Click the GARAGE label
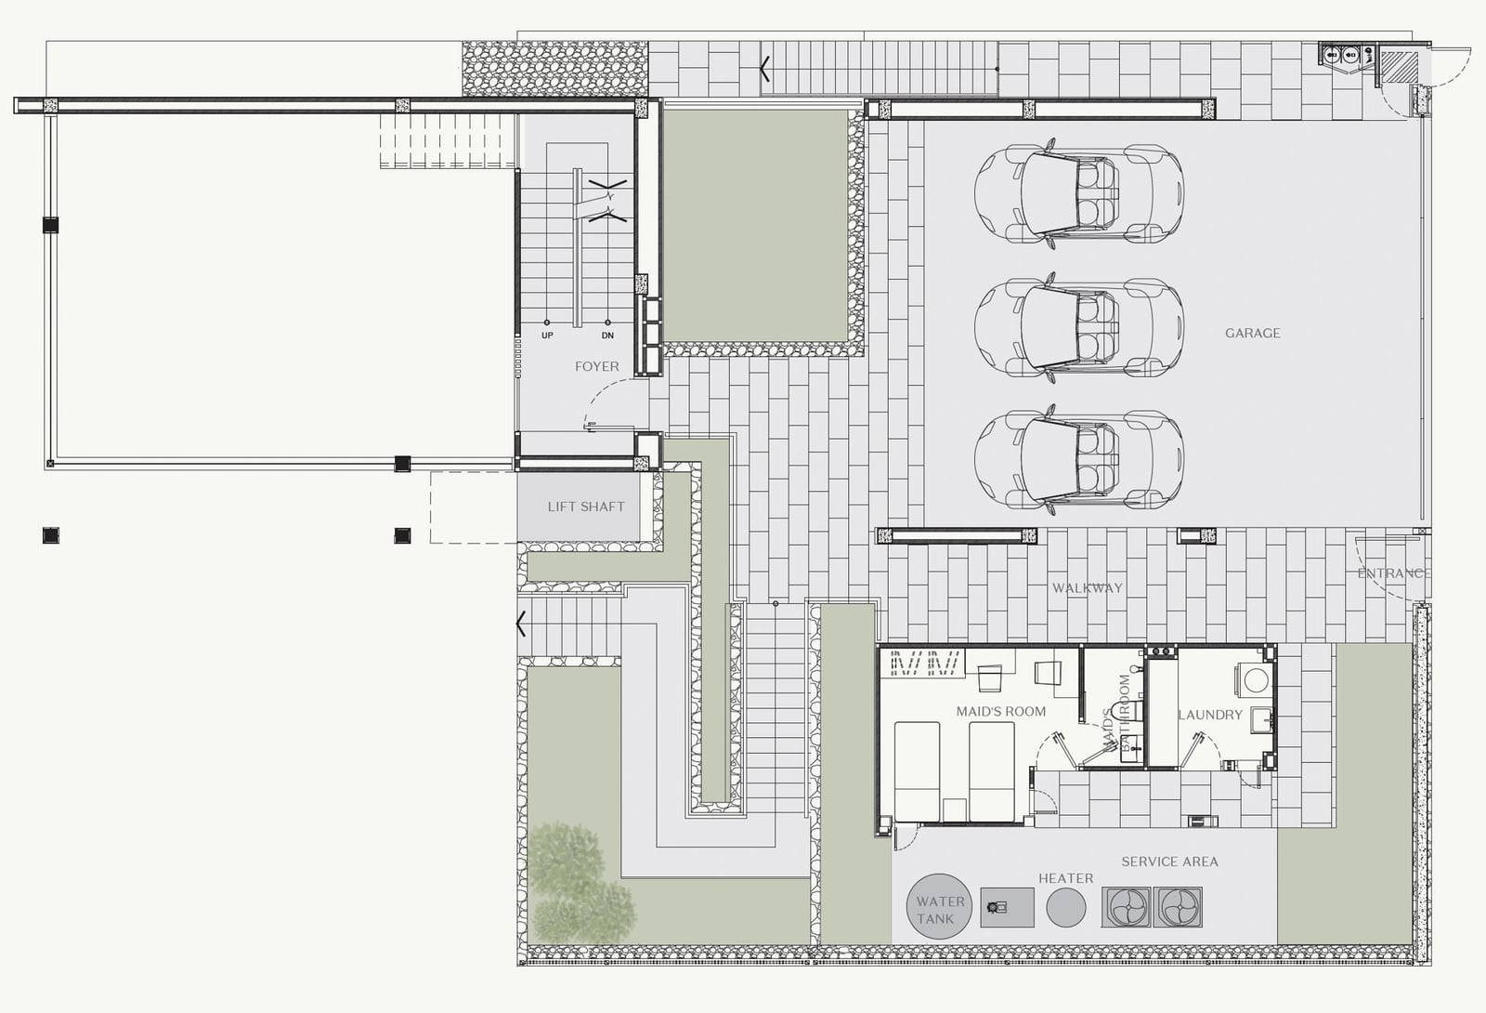point(1253,334)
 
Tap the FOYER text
point(597,366)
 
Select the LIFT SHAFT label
point(586,506)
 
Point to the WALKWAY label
point(1088,588)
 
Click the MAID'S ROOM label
point(1001,712)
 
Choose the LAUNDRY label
point(1210,715)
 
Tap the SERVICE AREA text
point(1169,862)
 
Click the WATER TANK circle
point(939,906)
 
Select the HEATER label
point(1065,878)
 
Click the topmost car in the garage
point(1078,193)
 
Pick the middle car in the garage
point(1078,326)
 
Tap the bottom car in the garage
point(1078,459)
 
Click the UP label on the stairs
point(547,335)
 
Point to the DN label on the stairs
point(607,335)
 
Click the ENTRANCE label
point(1394,573)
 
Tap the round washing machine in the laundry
point(1255,680)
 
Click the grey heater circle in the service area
point(1066,907)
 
